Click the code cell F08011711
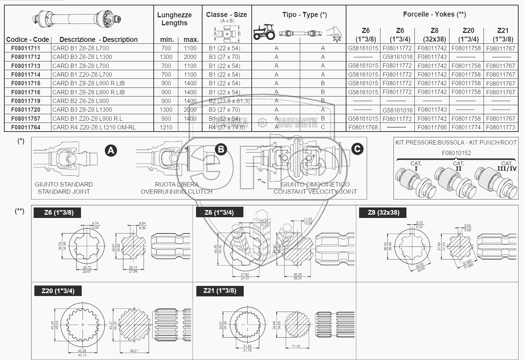point(26,48)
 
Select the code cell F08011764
point(26,127)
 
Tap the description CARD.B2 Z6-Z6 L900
point(81,101)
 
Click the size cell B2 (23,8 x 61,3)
point(229,101)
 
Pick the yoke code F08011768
point(363,127)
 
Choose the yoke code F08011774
point(466,127)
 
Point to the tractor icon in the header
point(264,32)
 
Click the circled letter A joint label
point(111,150)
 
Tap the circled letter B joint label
point(220,149)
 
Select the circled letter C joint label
point(357,149)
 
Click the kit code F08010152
point(456,153)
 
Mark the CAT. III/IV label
point(507,166)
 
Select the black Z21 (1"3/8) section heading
point(220,291)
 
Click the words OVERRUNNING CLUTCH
point(176,192)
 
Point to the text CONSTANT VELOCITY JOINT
point(315,192)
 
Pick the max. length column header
point(191,39)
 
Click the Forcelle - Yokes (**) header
point(434,14)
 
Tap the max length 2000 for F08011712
point(190,57)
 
